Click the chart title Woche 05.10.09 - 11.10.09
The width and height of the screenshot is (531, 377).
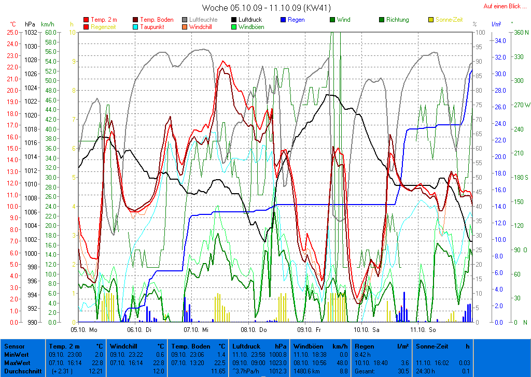266,8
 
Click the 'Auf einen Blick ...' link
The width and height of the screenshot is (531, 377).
505,6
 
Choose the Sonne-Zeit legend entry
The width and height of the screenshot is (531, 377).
449,20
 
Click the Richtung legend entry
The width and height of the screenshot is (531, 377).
397,20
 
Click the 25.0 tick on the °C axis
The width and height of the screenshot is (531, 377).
12,32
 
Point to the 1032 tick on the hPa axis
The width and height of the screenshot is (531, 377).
31,32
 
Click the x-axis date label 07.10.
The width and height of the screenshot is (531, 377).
192,329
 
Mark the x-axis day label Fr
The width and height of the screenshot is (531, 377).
318,329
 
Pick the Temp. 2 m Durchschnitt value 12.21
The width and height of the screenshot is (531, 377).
95,371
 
